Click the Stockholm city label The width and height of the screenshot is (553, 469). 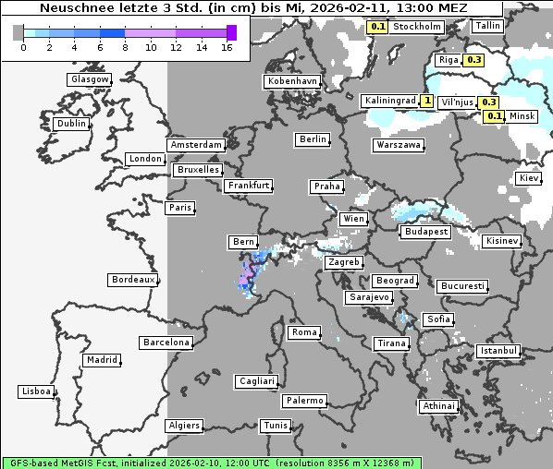pos(416,27)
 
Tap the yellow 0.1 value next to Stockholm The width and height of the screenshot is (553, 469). pos(377,27)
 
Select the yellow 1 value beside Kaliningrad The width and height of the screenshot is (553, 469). pos(426,100)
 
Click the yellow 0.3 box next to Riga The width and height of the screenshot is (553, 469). pos(474,60)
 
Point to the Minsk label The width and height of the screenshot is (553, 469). pos(522,116)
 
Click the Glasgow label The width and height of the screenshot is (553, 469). pos(90,79)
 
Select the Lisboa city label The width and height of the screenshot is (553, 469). pos(36,391)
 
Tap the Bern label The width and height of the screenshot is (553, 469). pos(242,242)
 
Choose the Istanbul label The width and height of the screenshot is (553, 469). pos(498,351)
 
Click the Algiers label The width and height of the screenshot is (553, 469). pos(183,426)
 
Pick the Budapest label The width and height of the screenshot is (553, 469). pos(426,232)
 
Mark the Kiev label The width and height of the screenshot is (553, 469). pos(529,177)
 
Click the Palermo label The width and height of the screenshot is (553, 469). pos(304,401)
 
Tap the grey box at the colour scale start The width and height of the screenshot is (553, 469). pos(18,32)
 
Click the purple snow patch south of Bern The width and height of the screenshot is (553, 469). pos(246,275)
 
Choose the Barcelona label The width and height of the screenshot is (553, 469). pos(166,343)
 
